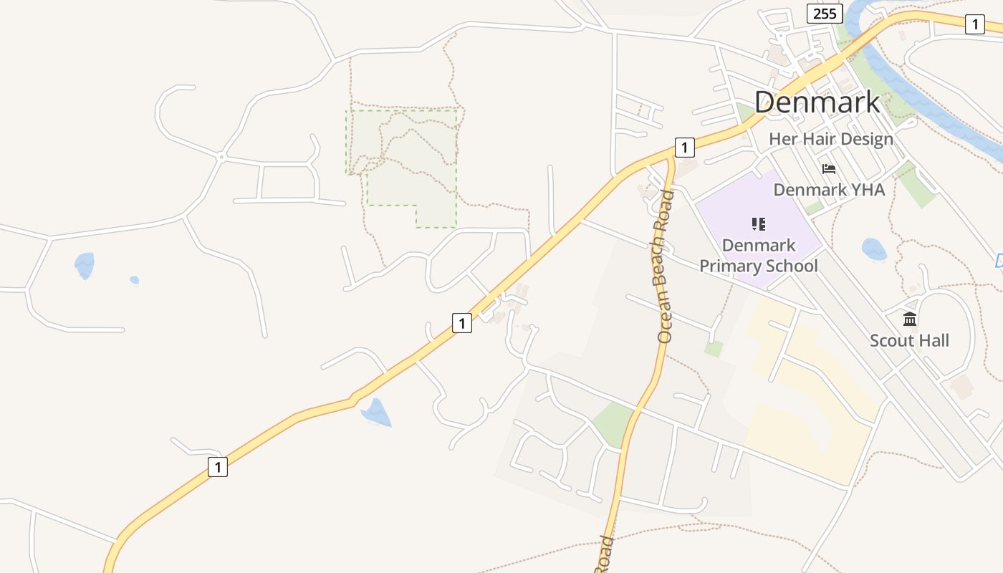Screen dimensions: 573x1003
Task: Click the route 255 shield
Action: pyautogui.click(x=825, y=14)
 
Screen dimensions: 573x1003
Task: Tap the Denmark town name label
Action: pyautogui.click(x=817, y=102)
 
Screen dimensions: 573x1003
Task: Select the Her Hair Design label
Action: pyautogui.click(x=831, y=139)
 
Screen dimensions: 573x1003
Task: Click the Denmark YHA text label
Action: pyautogui.click(x=829, y=190)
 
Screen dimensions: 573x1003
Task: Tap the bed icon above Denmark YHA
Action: pyautogui.click(x=829, y=169)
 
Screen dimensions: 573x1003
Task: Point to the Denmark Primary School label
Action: pyautogui.click(x=759, y=256)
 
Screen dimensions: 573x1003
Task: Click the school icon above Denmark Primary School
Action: pyautogui.click(x=759, y=224)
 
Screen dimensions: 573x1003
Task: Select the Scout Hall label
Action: pyautogui.click(x=909, y=340)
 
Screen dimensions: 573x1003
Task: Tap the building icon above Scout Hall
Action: pyautogui.click(x=910, y=319)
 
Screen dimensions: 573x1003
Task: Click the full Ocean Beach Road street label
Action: pyautogui.click(x=663, y=266)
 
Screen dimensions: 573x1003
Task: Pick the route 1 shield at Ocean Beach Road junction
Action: pyautogui.click(x=684, y=148)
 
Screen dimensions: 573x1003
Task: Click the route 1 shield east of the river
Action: pyautogui.click(x=974, y=24)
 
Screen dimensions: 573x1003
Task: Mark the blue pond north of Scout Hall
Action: pyautogui.click(x=874, y=249)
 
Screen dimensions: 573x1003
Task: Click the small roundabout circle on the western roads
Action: pyautogui.click(x=222, y=156)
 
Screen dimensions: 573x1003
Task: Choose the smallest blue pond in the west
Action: pyautogui.click(x=134, y=280)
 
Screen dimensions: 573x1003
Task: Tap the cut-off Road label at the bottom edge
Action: pyautogui.click(x=604, y=554)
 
